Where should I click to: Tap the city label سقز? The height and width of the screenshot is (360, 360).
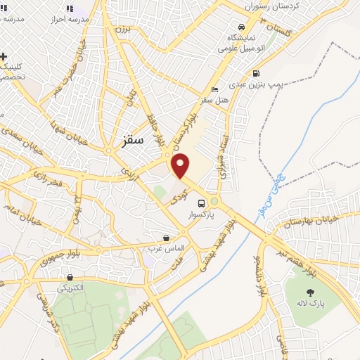coord(131,141)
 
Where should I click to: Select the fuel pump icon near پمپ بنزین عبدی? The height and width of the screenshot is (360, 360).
coord(255,73)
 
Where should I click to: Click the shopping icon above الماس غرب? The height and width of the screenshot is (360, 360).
coord(166,238)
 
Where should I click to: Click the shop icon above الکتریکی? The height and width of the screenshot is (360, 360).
coord(69,277)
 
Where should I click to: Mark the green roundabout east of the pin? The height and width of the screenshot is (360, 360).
coord(214,202)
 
